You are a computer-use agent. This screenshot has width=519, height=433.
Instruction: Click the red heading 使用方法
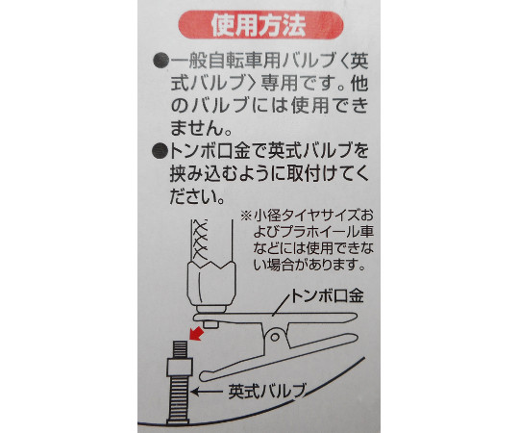tap(259, 26)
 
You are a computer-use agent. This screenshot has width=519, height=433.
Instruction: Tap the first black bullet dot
tap(161, 62)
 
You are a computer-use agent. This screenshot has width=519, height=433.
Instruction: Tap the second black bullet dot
tap(161, 151)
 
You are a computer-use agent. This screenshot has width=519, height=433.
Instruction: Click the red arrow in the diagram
tap(196, 333)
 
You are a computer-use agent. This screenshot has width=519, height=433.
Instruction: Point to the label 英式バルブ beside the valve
tap(266, 392)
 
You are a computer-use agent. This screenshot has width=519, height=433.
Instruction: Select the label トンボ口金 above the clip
tap(327, 295)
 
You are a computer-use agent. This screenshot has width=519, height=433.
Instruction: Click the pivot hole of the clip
tap(275, 337)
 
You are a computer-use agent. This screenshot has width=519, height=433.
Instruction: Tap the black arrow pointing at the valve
tap(207, 392)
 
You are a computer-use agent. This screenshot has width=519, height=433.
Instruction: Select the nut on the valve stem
tap(181, 367)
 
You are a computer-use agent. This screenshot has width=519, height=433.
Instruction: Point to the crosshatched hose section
tap(201, 241)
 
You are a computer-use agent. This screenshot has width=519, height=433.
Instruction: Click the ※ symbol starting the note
tap(246, 216)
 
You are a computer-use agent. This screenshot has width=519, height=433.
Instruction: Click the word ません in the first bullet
tap(196, 128)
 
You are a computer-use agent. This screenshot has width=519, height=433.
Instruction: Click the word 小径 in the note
tap(267, 216)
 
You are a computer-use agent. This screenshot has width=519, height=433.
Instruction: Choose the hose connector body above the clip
tap(211, 282)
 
